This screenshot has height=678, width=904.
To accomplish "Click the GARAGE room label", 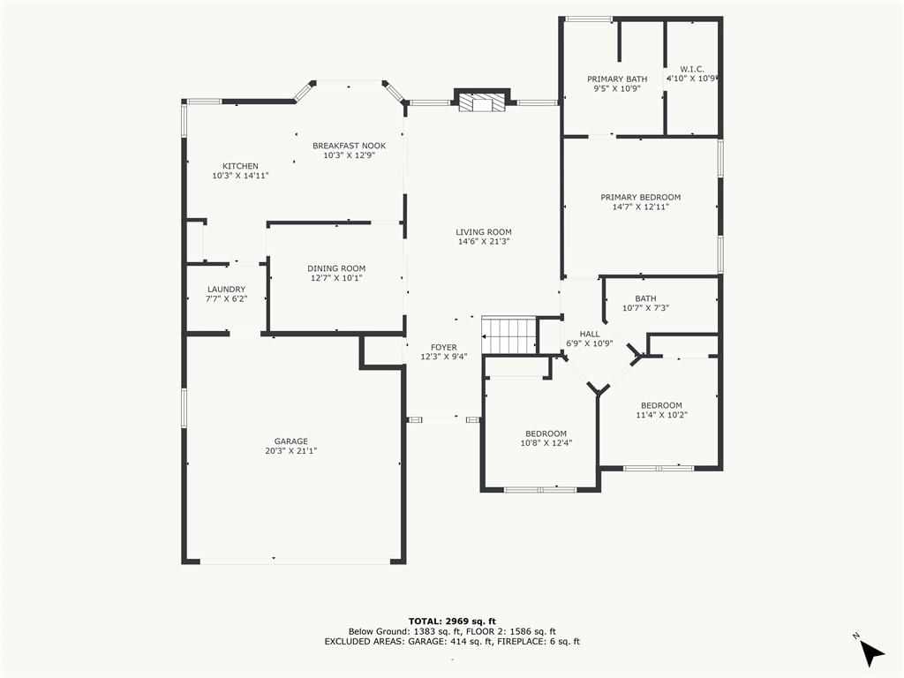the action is click(291, 441).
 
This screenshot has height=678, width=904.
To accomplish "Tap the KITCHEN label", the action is click(240, 166).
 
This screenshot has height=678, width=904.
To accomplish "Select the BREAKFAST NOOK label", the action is click(350, 146).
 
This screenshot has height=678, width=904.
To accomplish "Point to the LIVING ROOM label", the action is click(484, 232).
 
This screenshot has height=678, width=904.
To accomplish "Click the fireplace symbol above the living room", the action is click(482, 102).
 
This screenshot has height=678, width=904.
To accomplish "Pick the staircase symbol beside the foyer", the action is click(509, 335).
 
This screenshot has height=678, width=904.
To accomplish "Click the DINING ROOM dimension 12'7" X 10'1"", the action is click(336, 278).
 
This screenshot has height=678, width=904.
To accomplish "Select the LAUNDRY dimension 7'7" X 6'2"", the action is click(227, 298).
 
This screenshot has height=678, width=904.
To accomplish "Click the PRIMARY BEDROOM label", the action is click(641, 197).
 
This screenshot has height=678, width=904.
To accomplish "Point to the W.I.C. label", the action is click(692, 69).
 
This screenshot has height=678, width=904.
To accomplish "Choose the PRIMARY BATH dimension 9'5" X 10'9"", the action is click(617, 89).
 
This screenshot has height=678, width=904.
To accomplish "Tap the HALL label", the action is click(589, 334).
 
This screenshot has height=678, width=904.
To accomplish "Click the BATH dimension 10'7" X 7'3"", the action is click(645, 308).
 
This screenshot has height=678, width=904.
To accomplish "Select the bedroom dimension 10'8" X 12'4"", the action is click(546, 443).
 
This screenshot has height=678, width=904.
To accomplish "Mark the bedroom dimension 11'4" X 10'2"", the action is click(662, 415).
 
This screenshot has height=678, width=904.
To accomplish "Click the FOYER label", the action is click(444, 348).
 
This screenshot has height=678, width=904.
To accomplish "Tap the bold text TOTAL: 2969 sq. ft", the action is click(452, 621).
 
